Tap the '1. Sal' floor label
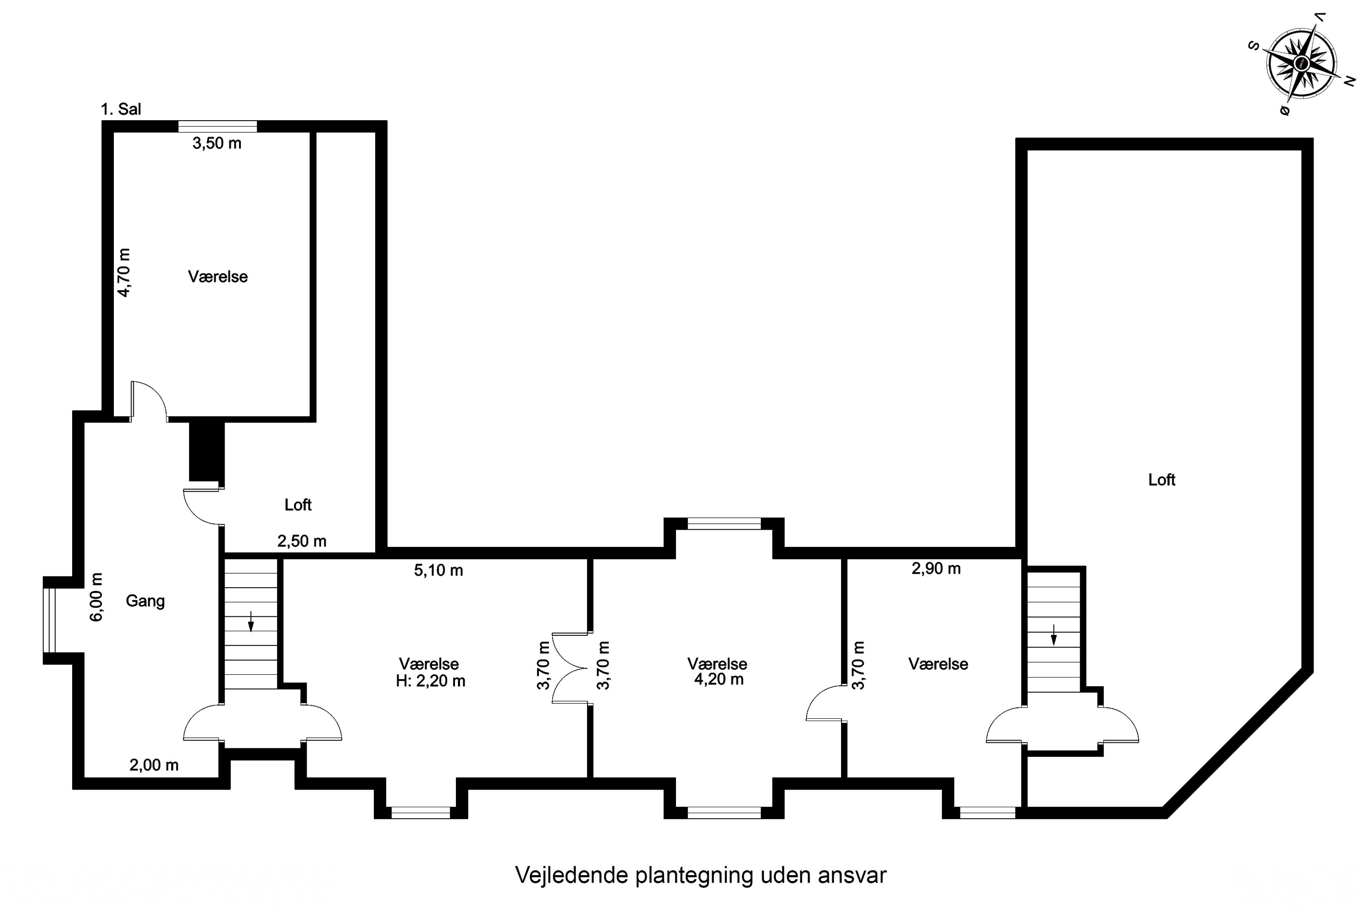(121, 109)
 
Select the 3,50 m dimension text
(217, 143)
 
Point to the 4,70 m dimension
(124, 273)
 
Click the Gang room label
(145, 601)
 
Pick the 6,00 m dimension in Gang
(97, 597)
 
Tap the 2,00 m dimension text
(154, 765)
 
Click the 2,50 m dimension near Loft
(302, 541)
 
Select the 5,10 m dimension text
(439, 571)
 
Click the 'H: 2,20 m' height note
(431, 681)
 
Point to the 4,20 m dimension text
(719, 679)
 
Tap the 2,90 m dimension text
(936, 569)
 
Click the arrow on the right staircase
(1054, 634)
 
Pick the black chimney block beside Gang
(206, 451)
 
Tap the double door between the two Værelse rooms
(572, 668)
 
